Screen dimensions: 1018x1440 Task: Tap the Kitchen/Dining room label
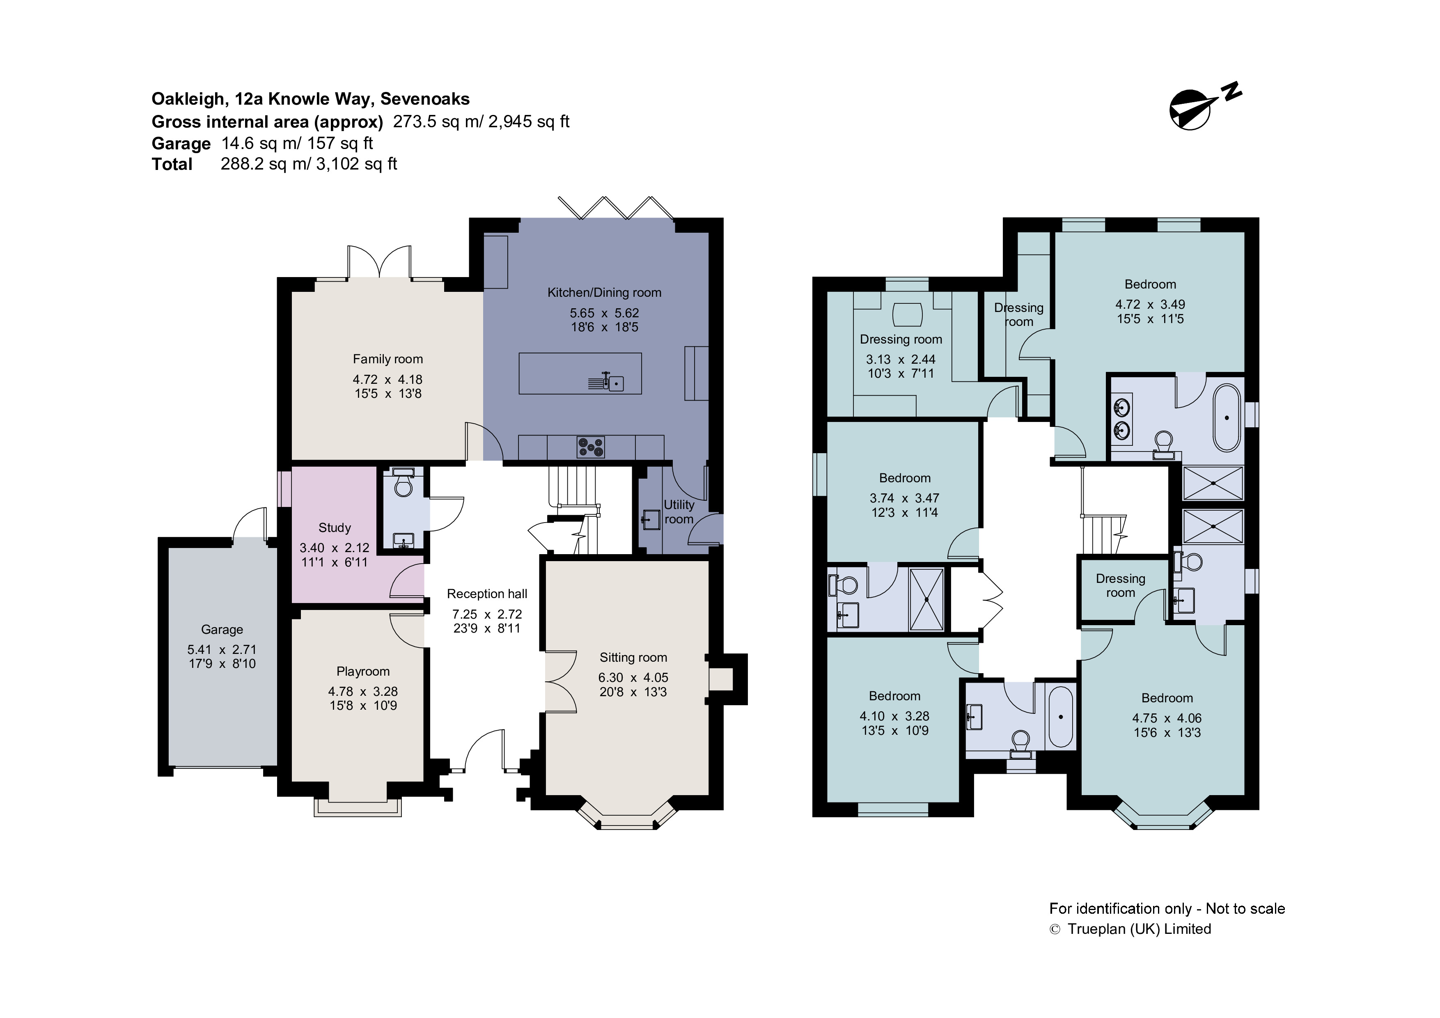coord(604,292)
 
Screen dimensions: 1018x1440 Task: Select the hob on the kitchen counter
coord(590,447)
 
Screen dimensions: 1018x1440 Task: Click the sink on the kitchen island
coord(616,383)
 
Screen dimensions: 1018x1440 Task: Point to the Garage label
coord(222,629)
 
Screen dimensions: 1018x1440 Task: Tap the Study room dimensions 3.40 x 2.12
coord(334,548)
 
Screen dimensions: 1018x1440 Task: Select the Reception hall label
coord(487,594)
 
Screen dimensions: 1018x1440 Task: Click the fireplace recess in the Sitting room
coord(721,679)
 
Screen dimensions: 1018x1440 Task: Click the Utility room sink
coord(651,519)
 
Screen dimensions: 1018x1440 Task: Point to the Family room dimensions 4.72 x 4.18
coord(387,379)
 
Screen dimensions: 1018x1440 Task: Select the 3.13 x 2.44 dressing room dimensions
coord(901,360)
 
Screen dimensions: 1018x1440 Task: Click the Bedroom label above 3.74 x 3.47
coord(904,478)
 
